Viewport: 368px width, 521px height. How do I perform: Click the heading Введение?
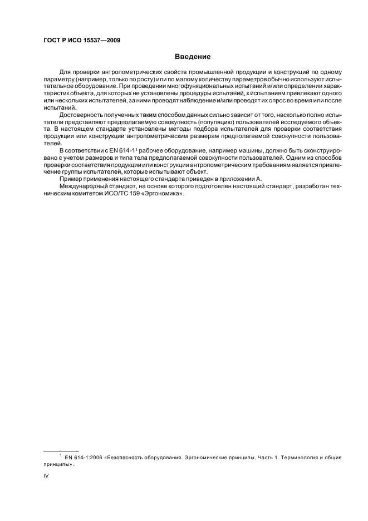192,56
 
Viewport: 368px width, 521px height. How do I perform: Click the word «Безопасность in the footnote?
129,458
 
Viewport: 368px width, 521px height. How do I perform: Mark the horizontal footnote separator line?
61,450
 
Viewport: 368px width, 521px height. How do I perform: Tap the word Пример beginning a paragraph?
71,179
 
